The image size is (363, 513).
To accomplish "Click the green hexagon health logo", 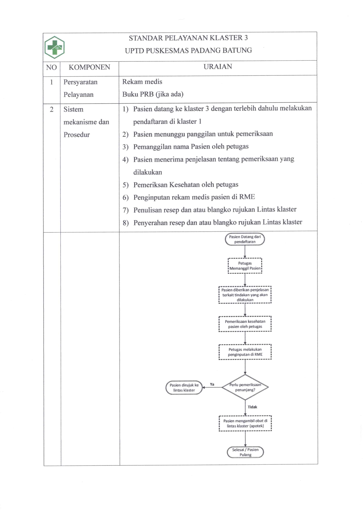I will click(x=54, y=47).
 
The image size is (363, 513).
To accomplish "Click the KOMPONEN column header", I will click(x=89, y=67).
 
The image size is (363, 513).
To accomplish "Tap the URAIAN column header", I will click(x=218, y=67).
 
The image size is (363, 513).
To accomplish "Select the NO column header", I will click(x=52, y=68).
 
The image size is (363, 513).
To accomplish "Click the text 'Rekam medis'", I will click(x=142, y=82).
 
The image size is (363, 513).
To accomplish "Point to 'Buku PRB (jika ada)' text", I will click(x=153, y=94).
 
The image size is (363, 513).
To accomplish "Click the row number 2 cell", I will click(x=52, y=109).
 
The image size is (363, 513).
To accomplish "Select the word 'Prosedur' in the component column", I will click(x=76, y=135).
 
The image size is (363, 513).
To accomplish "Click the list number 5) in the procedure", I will click(x=126, y=185).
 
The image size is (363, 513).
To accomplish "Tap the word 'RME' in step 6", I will click(x=247, y=197).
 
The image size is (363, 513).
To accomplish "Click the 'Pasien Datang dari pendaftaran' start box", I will click(x=245, y=239).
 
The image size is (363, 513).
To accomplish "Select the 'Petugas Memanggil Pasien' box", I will click(x=245, y=266).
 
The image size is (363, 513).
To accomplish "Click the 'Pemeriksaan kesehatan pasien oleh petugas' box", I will click(x=245, y=324).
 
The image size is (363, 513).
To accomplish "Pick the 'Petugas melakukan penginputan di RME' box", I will click(x=245, y=352).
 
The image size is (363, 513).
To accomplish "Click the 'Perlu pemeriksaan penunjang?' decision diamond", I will click(x=245, y=387).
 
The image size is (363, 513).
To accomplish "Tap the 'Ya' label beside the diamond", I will click(x=212, y=384).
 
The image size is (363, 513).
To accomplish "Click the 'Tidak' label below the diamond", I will click(x=252, y=407).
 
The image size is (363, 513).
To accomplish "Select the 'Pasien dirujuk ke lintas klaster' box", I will click(x=184, y=387).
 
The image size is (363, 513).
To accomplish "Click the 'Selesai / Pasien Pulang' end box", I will click(x=245, y=452).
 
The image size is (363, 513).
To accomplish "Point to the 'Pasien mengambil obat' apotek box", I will click(x=245, y=423).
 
